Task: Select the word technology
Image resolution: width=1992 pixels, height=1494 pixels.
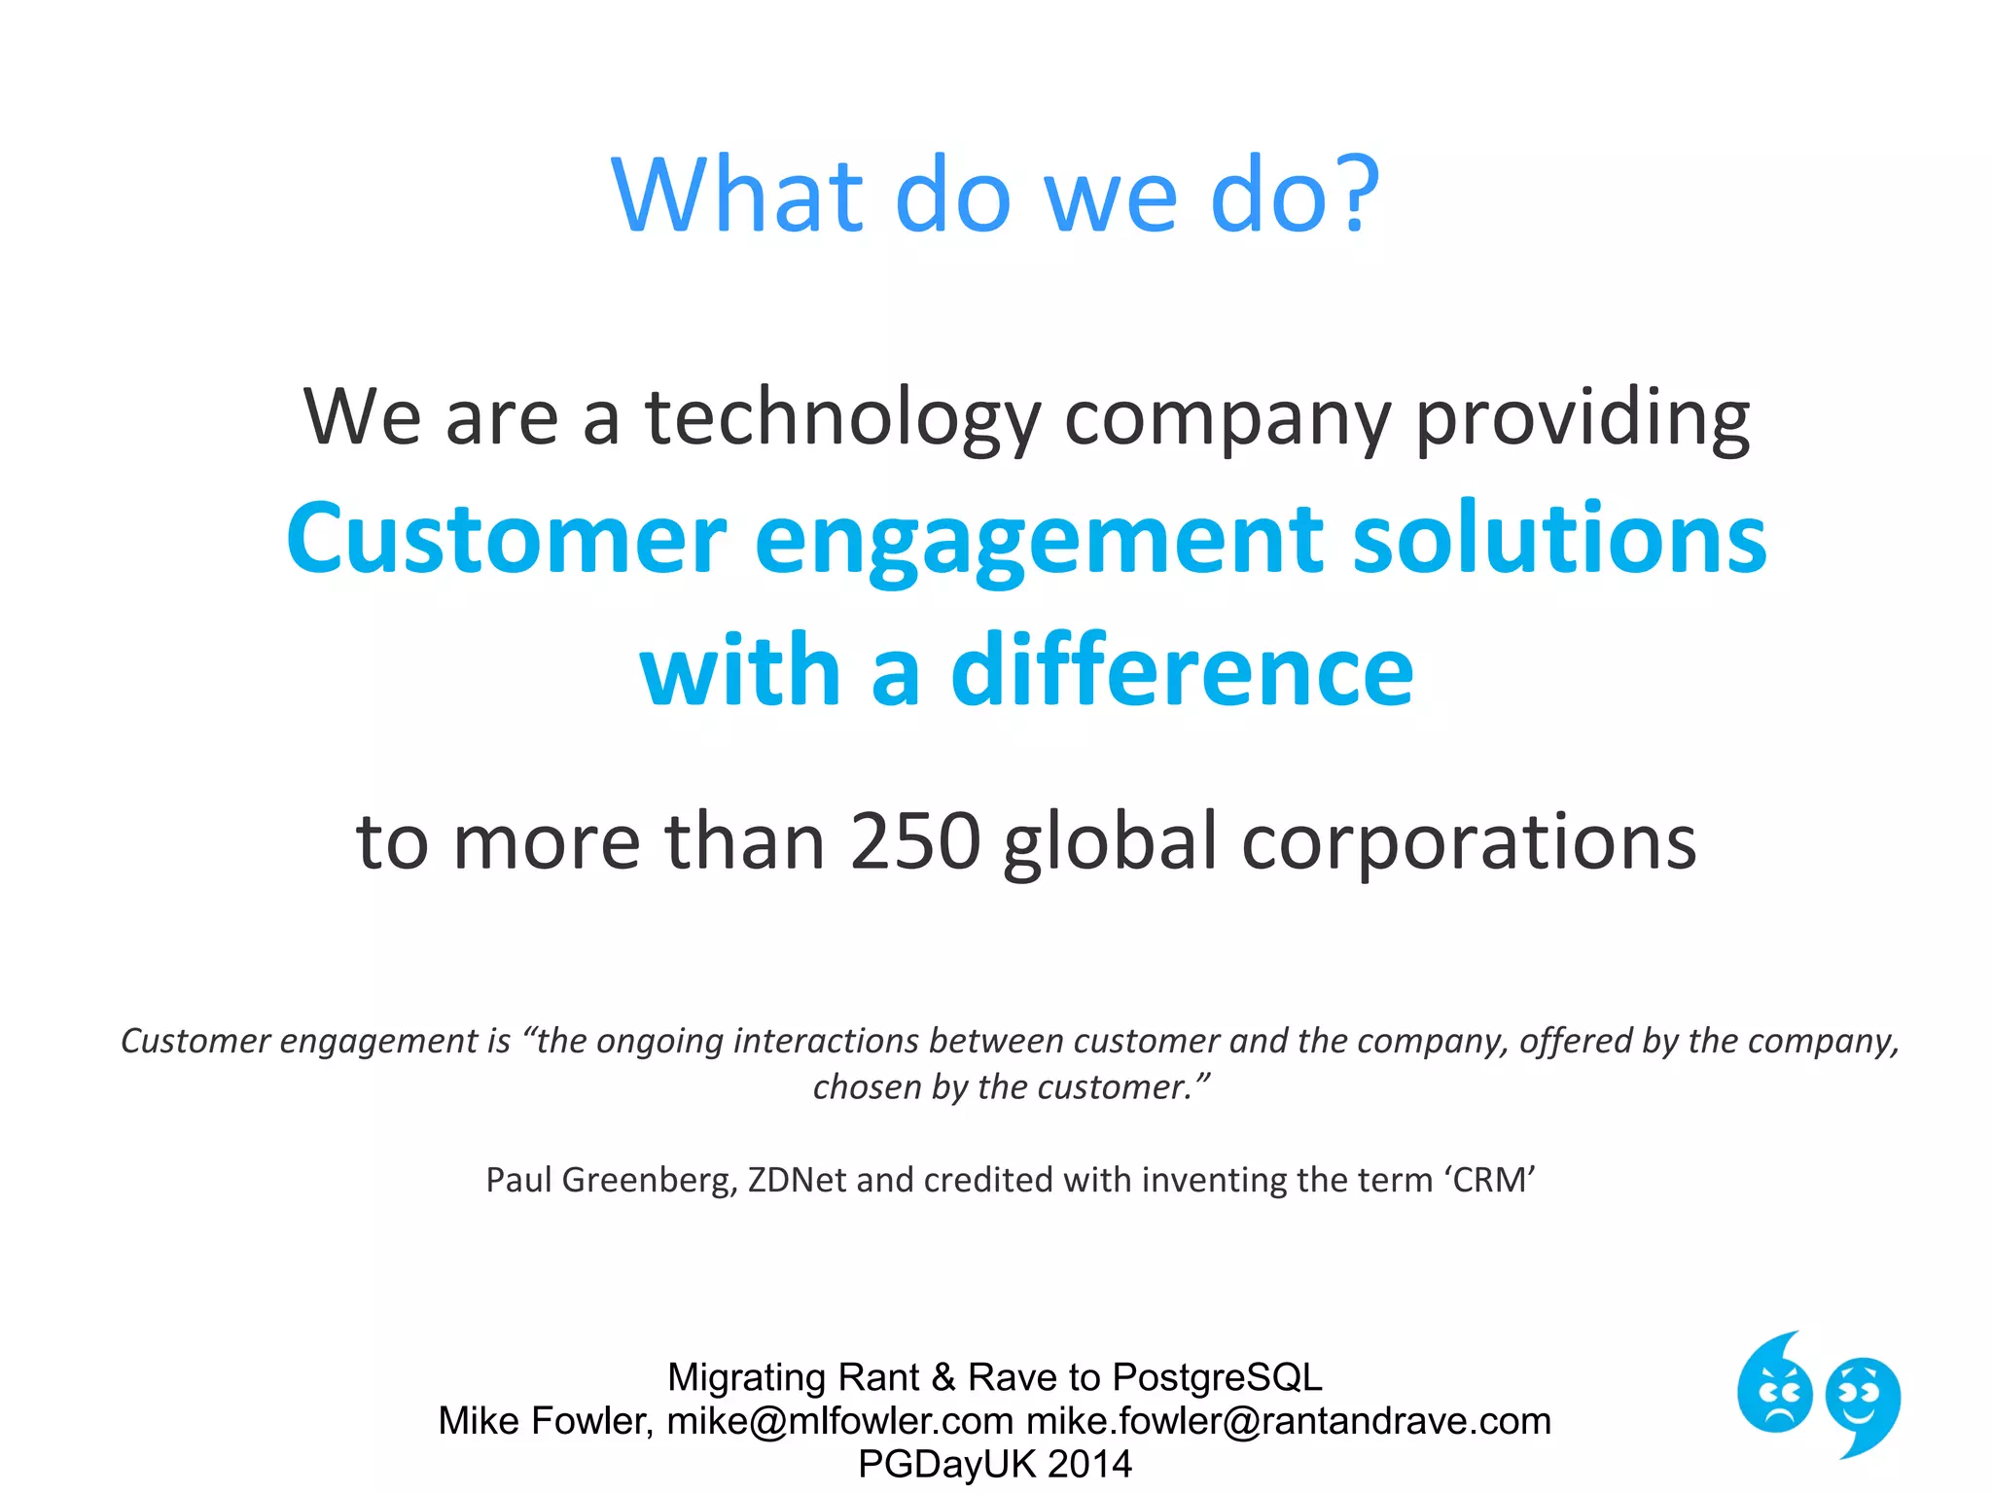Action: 842,418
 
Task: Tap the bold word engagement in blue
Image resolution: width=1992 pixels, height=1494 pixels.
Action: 1038,541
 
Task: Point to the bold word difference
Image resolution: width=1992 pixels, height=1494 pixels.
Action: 1181,671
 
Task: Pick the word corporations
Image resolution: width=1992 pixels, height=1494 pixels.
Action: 1469,842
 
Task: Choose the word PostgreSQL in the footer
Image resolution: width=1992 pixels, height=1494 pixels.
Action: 1217,1377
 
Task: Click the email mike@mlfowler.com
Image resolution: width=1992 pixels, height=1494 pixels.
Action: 840,1421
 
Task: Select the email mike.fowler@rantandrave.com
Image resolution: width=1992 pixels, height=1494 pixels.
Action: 1289,1421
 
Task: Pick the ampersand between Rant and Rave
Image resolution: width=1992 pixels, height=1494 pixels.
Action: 943,1377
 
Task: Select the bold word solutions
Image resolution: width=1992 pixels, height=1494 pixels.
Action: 1559,541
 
